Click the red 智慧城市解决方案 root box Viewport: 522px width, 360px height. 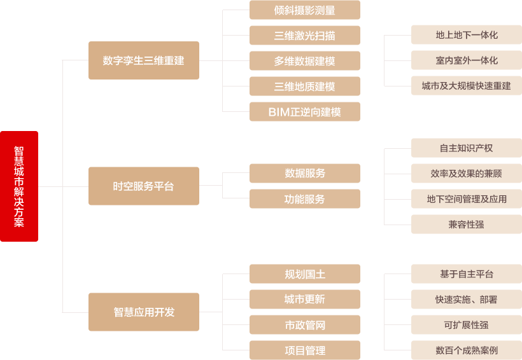(19, 186)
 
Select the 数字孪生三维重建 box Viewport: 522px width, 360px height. (143, 60)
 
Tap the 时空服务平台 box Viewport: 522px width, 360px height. (143, 186)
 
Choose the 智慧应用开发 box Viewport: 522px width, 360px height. (143, 312)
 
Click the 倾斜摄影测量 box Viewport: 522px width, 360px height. (304, 10)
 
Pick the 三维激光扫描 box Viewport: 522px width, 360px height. (304, 36)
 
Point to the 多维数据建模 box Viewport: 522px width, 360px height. (304, 61)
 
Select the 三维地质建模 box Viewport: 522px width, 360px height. (304, 87)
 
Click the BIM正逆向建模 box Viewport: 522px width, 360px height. (304, 112)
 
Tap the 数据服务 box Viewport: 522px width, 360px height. (304, 173)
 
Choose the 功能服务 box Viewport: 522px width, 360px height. (304, 199)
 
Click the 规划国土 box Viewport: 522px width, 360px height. (304, 274)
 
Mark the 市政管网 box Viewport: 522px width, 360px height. (304, 325)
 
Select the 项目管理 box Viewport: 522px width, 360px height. (304, 350)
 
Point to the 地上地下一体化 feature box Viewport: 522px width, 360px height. (466, 35)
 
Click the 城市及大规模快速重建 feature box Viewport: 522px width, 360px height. (466, 86)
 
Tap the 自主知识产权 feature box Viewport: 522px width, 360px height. (466, 148)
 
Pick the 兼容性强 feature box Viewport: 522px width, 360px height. (466, 225)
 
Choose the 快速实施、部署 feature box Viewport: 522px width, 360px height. (466, 300)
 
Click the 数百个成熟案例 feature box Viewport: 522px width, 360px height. (466, 350)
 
